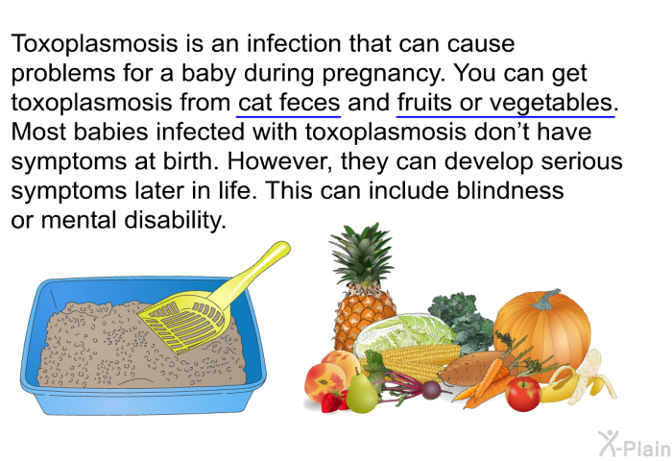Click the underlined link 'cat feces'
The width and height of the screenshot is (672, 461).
(x=288, y=103)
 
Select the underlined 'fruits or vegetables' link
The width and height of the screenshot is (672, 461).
(x=505, y=103)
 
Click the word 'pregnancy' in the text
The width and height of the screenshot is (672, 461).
(x=381, y=74)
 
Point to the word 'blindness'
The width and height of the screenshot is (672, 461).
(x=510, y=191)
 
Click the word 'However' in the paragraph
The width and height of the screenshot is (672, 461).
(x=279, y=162)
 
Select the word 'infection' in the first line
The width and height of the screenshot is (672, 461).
(x=294, y=44)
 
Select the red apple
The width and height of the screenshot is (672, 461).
(x=523, y=394)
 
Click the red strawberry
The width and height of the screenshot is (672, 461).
(x=332, y=401)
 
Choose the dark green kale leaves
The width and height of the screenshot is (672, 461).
(x=461, y=317)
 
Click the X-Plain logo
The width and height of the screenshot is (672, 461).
(x=635, y=445)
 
